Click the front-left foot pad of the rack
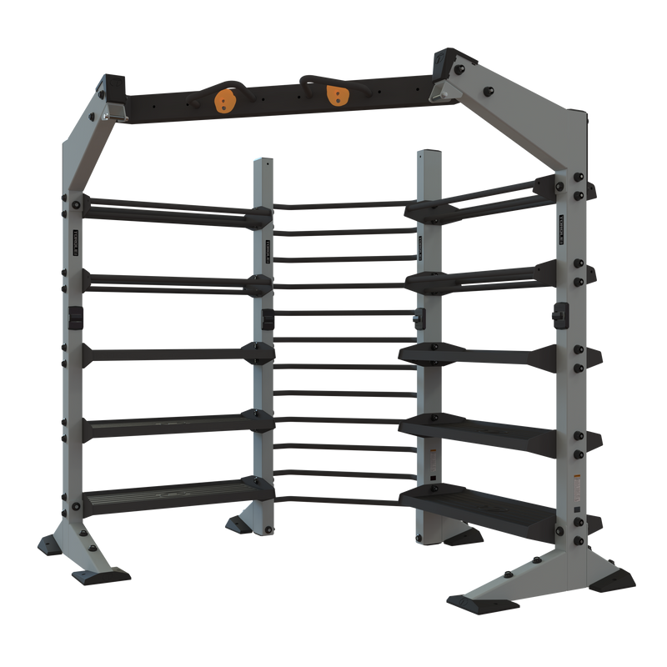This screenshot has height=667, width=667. [x=100, y=576]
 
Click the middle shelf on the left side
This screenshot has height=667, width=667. [x=175, y=354]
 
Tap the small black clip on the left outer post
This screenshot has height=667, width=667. [x=73, y=315]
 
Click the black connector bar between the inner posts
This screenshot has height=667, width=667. [x=344, y=316]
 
